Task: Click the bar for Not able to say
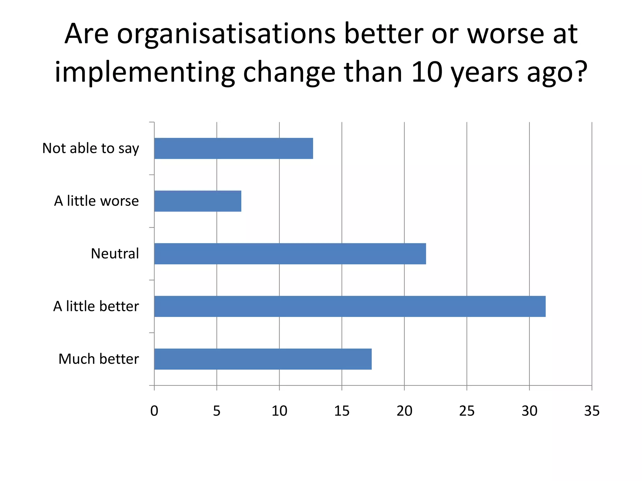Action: coord(234,148)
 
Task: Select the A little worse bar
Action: coord(198,201)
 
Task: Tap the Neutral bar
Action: coord(290,254)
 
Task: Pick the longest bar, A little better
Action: coord(350,306)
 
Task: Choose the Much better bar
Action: coord(263,359)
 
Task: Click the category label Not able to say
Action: coord(91,148)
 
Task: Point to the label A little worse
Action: coord(96,201)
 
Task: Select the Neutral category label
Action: coord(115,254)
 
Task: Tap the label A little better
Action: coord(96,306)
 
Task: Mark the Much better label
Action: coord(98,359)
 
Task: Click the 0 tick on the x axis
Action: coord(154,411)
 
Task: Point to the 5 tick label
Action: coord(217,411)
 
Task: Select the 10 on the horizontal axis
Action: coord(279,411)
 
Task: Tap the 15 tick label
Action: coord(342,411)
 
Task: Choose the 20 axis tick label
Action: coord(404,411)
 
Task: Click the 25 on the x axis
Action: coord(467,411)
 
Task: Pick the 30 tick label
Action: coord(529,411)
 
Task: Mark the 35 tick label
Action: coord(592,411)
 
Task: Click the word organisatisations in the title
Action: coord(226,34)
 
